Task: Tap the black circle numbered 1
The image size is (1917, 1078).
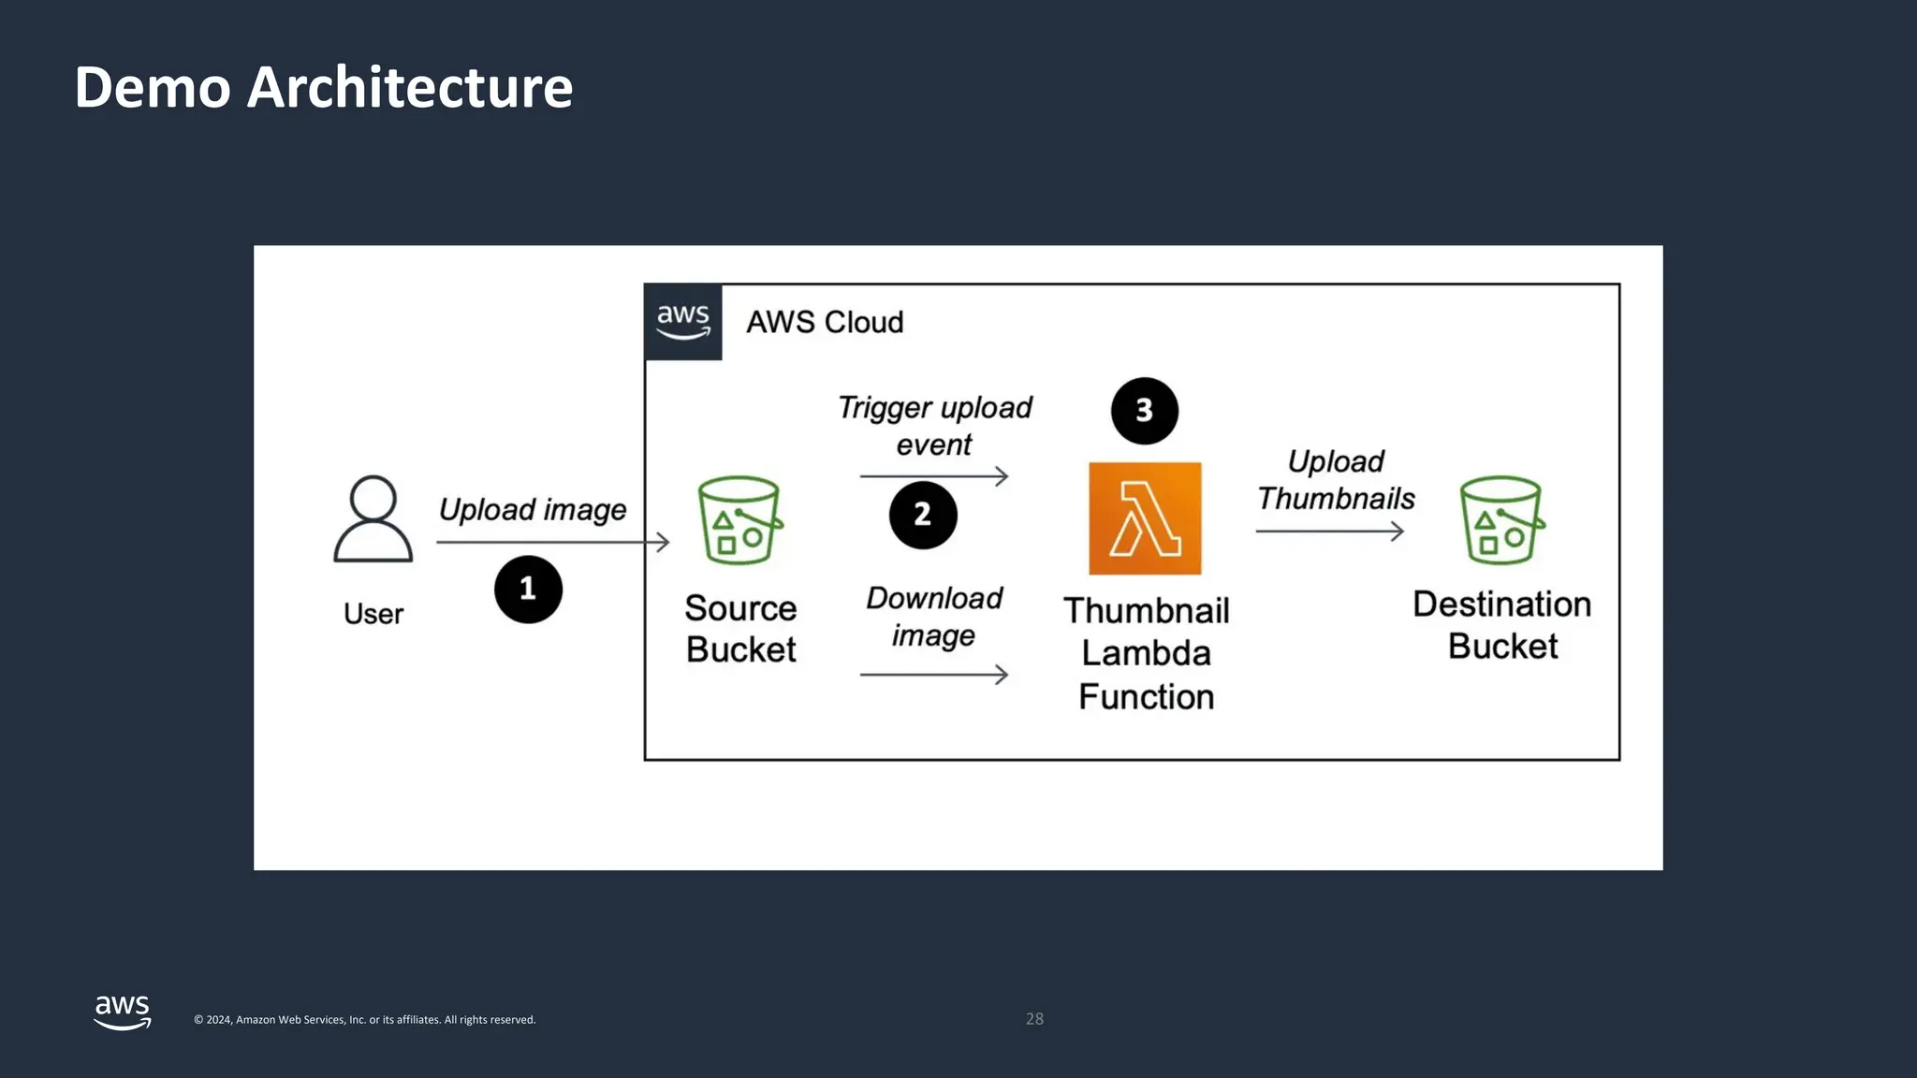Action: [x=528, y=590]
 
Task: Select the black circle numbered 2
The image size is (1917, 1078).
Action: [x=923, y=515]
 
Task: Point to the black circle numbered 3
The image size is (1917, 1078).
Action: [x=1144, y=411]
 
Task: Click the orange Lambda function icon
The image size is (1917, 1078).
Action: [x=1144, y=518]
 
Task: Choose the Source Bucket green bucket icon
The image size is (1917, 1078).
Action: [x=739, y=520]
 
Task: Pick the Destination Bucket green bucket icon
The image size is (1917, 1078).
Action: [x=1501, y=520]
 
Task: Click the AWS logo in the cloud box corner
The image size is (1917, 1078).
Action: [x=683, y=322]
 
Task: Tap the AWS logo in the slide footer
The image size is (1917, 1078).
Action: [x=123, y=1012]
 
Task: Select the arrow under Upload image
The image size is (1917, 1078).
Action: [x=552, y=542]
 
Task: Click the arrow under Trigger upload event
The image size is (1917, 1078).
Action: [x=933, y=476]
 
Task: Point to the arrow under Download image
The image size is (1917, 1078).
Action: [x=933, y=674]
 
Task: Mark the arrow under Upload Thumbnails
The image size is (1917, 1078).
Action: [x=1329, y=532]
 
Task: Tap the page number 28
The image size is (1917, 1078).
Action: [x=1034, y=1019]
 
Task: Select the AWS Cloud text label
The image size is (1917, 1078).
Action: [x=825, y=322]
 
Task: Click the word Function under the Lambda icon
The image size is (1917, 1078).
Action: [x=1146, y=697]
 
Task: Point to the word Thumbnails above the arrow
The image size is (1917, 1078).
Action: [x=1336, y=499]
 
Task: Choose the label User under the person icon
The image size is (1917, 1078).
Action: [x=373, y=614]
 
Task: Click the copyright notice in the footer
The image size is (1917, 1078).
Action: [x=364, y=1020]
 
